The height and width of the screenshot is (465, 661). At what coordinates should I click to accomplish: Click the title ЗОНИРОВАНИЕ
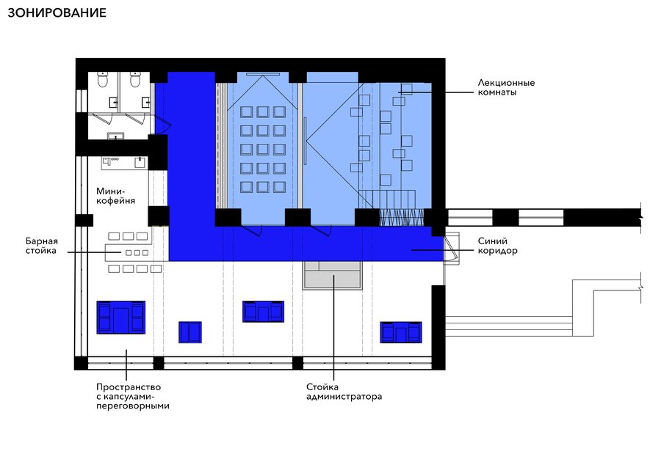(x=57, y=12)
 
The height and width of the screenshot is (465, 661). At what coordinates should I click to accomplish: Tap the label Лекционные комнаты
(x=506, y=87)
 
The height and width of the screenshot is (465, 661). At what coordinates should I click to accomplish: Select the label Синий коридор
(x=497, y=246)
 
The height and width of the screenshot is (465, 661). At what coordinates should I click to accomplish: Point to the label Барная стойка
(x=41, y=246)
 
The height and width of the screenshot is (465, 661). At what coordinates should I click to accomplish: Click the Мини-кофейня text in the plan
(x=115, y=196)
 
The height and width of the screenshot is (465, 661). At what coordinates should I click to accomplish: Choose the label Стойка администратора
(x=344, y=392)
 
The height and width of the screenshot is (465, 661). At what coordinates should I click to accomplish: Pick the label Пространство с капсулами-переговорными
(x=132, y=396)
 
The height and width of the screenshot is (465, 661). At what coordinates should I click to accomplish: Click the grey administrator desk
(x=332, y=275)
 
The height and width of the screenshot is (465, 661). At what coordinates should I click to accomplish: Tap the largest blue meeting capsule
(x=121, y=318)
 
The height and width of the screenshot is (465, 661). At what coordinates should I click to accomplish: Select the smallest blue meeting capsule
(x=190, y=332)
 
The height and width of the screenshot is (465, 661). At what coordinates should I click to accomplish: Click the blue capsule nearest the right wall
(x=401, y=332)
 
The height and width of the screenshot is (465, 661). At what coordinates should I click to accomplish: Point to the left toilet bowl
(x=102, y=79)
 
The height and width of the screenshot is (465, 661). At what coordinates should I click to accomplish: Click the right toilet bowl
(x=135, y=79)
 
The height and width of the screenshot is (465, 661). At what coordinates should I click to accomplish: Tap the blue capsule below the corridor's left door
(x=263, y=312)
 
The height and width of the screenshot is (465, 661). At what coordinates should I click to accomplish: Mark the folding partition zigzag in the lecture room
(x=401, y=218)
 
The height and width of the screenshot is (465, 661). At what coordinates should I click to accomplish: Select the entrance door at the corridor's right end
(x=452, y=248)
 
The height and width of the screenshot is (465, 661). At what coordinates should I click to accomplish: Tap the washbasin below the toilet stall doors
(x=115, y=136)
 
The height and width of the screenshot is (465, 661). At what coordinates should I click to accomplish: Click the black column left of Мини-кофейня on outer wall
(x=84, y=220)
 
